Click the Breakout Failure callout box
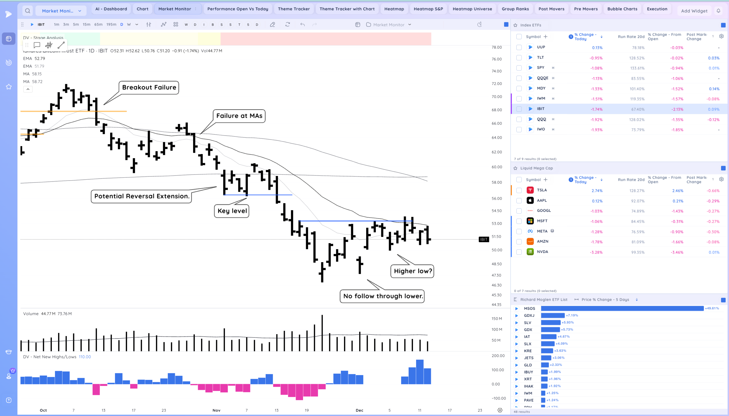pyautogui.click(x=149, y=87)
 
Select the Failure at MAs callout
pyautogui.click(x=239, y=116)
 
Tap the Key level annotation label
pyautogui.click(x=232, y=211)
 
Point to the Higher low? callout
pyautogui.click(x=412, y=271)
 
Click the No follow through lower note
pyautogui.click(x=382, y=296)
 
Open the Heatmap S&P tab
pyautogui.click(x=428, y=9)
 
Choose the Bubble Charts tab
pyautogui.click(x=622, y=9)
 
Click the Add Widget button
pyautogui.click(x=694, y=11)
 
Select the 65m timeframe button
pyautogui.click(x=98, y=24)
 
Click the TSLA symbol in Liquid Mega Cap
pyautogui.click(x=542, y=190)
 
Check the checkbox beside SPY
pyautogui.click(x=519, y=68)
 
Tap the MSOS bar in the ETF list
pyautogui.click(x=622, y=309)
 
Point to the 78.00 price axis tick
pyautogui.click(x=496, y=47)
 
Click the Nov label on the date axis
pyautogui.click(x=216, y=410)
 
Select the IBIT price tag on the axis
pyautogui.click(x=484, y=239)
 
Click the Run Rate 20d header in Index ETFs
pyautogui.click(x=631, y=37)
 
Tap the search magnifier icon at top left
pyautogui.click(x=27, y=11)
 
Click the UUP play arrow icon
pyautogui.click(x=530, y=47)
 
